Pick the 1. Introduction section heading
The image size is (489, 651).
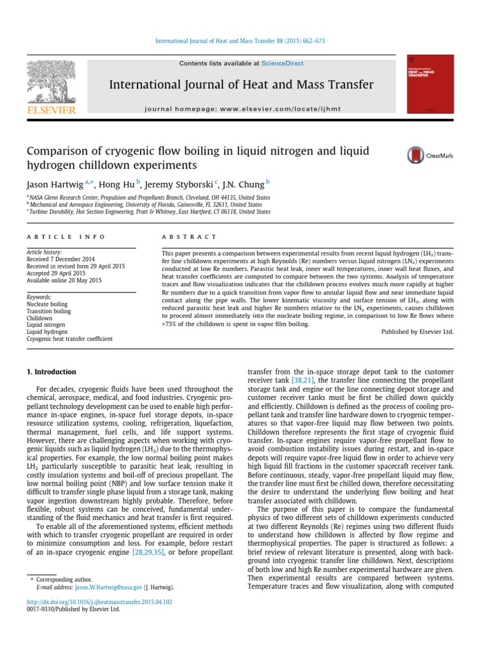[51, 372]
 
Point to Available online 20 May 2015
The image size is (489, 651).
[64, 280]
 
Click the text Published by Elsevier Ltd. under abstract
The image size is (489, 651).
[417, 331]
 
